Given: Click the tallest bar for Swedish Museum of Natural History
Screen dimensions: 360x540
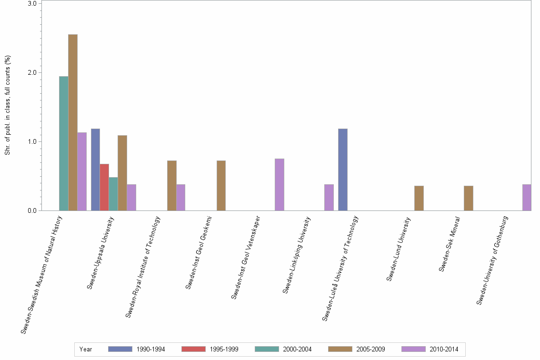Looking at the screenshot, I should point(73,122).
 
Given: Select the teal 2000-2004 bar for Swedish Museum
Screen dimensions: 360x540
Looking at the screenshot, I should point(64,143).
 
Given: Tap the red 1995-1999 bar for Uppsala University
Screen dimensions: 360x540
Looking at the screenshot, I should point(104,187).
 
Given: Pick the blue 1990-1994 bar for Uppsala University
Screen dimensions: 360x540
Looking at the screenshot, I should point(95,170).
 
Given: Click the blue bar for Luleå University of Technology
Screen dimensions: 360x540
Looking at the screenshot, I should point(343,170).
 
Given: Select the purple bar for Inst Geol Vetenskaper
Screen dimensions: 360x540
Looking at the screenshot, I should point(280,185).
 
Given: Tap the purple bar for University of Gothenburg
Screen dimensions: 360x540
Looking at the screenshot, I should point(527,198).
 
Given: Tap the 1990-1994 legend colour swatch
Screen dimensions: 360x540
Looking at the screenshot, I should point(120,349).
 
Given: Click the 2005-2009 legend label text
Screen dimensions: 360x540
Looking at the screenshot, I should point(371,350).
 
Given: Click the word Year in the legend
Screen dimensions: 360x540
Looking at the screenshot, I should point(86,350).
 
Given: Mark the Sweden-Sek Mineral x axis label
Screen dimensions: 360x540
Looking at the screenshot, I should point(450,244).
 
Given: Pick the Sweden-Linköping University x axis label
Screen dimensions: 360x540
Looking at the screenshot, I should point(297,255).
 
